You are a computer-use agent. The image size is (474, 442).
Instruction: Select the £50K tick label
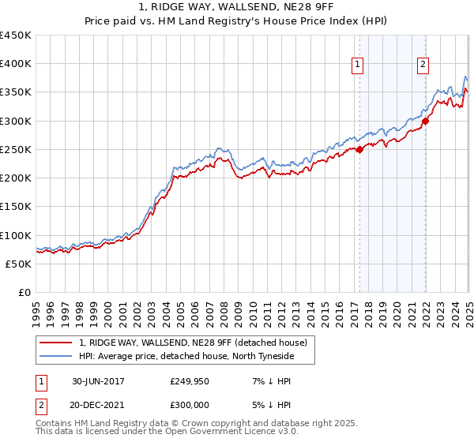(19, 264)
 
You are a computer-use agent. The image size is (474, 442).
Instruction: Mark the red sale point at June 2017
(359, 149)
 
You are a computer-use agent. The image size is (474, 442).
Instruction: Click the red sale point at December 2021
(425, 121)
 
